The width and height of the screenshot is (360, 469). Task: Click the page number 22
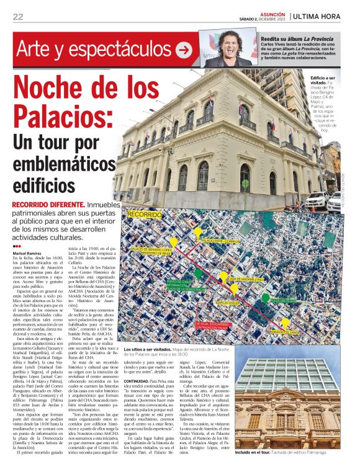point(18,16)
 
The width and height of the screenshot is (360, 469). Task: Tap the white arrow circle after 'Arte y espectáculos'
point(184,49)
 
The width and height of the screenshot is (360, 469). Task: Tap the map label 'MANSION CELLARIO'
point(284,333)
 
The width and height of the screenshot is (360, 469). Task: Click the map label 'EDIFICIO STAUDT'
point(228,302)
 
